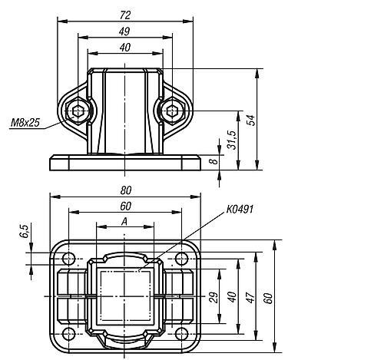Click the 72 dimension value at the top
(x=124, y=15)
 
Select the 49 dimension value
(x=124, y=31)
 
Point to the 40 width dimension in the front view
(x=124, y=48)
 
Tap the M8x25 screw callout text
(x=26, y=122)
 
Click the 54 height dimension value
(x=250, y=119)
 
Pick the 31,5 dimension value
(x=233, y=140)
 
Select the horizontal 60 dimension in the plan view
(x=124, y=206)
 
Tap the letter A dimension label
(x=124, y=222)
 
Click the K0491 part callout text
(x=240, y=209)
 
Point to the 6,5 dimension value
(x=25, y=231)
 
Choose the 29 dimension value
(x=214, y=296)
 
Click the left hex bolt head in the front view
(x=78, y=112)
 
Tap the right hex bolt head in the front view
(x=171, y=112)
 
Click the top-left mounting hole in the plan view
(x=69, y=257)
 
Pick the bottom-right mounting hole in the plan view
(x=182, y=333)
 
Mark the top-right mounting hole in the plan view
(x=182, y=257)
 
